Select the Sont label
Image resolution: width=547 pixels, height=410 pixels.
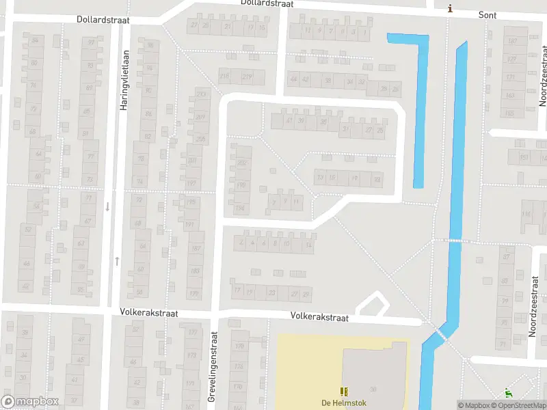tap(487, 15)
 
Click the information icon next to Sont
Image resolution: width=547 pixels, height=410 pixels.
tap(449, 9)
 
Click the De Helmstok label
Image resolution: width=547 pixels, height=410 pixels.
tap(344, 402)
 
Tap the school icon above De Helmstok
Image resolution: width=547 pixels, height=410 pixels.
tap(344, 391)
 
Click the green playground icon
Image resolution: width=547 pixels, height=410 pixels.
tap(507, 392)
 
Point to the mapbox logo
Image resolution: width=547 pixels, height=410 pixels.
tap(29, 402)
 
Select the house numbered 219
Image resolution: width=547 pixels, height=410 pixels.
tap(247, 76)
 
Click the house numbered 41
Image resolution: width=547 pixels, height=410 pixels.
tap(289, 121)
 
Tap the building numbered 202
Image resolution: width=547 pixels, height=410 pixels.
tap(241, 163)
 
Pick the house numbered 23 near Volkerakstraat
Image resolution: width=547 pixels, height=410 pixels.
tap(271, 292)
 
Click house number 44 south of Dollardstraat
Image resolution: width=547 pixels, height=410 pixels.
tap(294, 80)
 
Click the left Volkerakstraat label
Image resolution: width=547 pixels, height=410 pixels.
tap(150, 313)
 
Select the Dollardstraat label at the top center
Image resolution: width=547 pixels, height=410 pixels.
tap(267, 3)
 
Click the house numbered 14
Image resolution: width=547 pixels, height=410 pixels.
tap(308, 244)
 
